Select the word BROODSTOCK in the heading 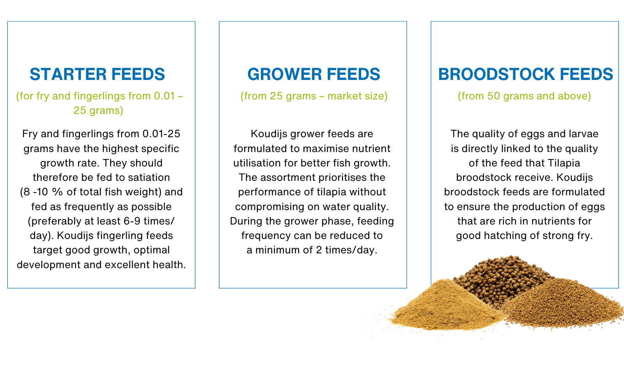pyautogui.click(x=496, y=74)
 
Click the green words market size pyautogui.click(x=357, y=96)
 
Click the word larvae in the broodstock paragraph pyautogui.click(x=583, y=134)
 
